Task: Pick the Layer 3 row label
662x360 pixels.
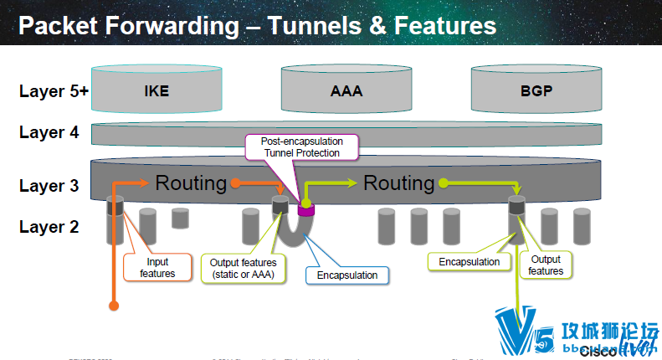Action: [49, 185]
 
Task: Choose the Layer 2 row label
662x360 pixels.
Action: [49, 225]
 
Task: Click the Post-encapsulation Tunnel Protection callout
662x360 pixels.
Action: [300, 147]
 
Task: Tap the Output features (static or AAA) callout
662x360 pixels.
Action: [243, 268]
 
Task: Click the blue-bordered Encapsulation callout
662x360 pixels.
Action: [346, 274]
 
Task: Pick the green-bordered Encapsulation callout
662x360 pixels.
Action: [469, 262]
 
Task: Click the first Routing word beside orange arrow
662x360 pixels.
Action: [191, 183]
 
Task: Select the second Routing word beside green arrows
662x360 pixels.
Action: [398, 183]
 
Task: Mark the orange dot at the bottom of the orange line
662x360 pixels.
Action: [112, 307]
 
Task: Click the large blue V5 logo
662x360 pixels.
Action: [515, 331]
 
